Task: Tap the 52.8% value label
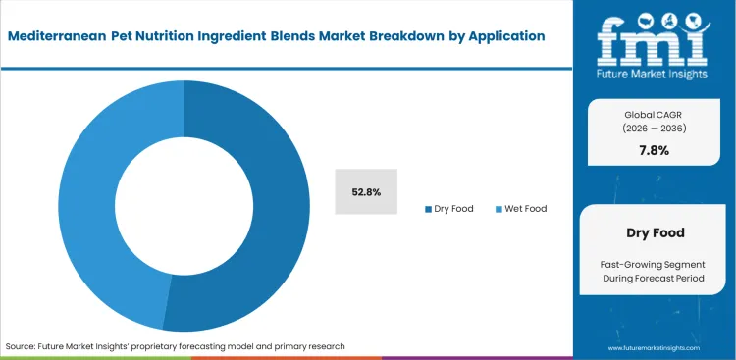366,190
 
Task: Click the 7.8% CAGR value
655,149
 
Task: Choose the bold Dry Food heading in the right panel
655,234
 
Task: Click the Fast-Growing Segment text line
655,264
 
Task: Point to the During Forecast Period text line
655,281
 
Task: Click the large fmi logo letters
656,38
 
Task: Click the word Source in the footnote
22,346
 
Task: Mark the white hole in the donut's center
184,206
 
